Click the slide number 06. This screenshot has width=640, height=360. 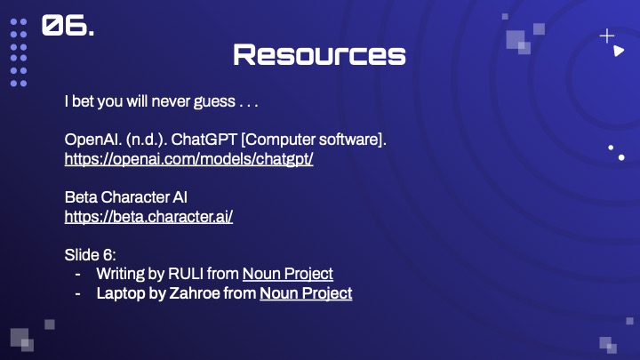[68, 25]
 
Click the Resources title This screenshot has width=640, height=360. [320, 55]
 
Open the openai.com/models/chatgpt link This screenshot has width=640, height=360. [189, 159]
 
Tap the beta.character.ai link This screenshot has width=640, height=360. [148, 217]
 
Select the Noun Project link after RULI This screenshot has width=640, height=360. [288, 274]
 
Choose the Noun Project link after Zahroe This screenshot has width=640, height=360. [306, 293]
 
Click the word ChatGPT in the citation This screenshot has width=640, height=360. [204, 140]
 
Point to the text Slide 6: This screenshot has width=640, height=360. [90, 255]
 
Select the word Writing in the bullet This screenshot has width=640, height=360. [120, 274]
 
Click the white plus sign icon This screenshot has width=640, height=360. [607, 36]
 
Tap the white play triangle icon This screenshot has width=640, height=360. [619, 51]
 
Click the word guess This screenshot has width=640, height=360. [214, 101]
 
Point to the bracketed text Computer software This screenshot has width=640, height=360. [314, 140]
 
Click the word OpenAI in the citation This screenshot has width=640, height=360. [93, 140]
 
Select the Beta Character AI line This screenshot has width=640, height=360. [125, 197]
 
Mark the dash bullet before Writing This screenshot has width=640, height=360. [77, 275]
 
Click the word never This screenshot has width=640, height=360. [171, 101]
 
